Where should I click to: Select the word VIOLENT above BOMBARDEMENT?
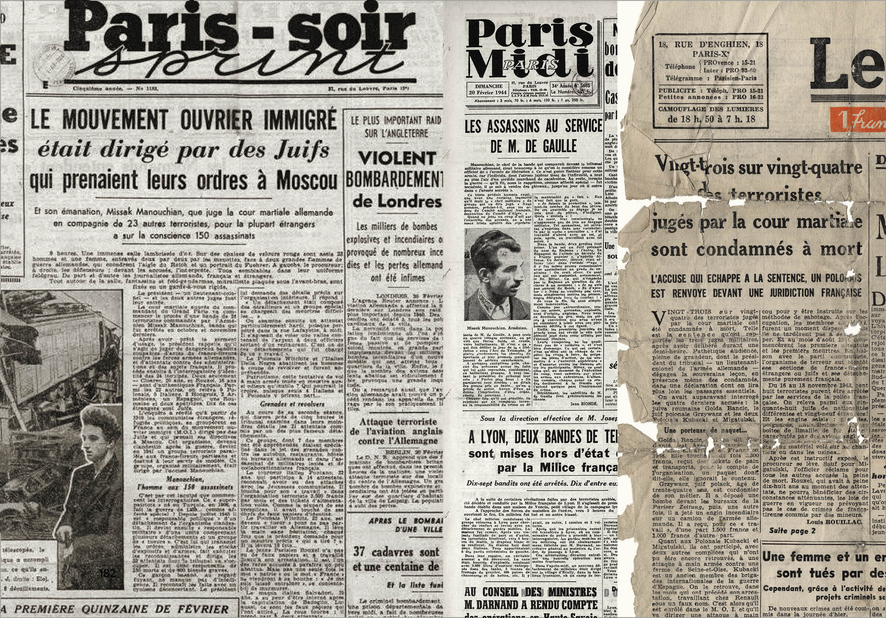[396, 159]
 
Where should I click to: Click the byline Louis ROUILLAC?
[834, 522]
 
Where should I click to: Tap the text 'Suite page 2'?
[792, 531]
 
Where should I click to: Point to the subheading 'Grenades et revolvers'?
[286, 404]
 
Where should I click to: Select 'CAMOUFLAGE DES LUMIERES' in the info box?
[711, 109]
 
